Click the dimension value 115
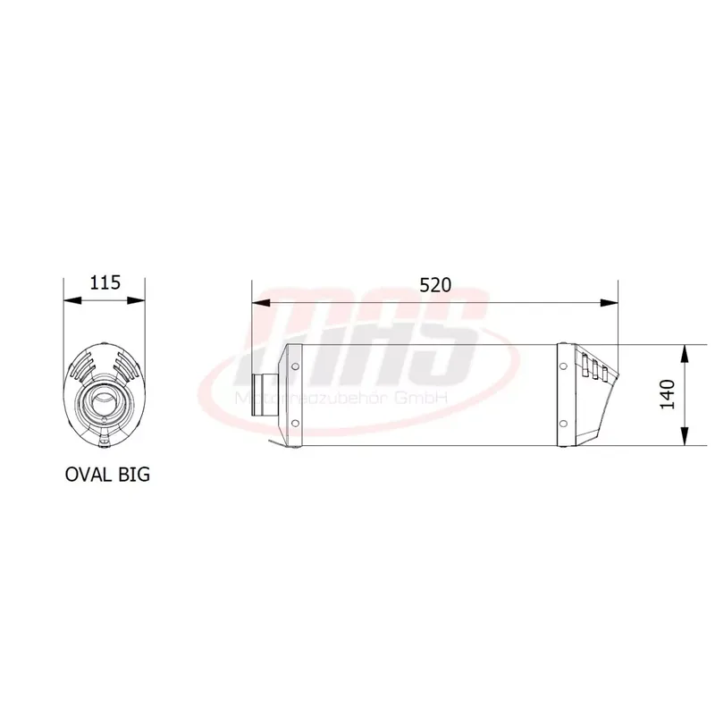click(105, 283)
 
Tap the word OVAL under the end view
click(88, 474)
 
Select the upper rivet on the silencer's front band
click(294, 365)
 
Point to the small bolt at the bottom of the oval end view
click(105, 437)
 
